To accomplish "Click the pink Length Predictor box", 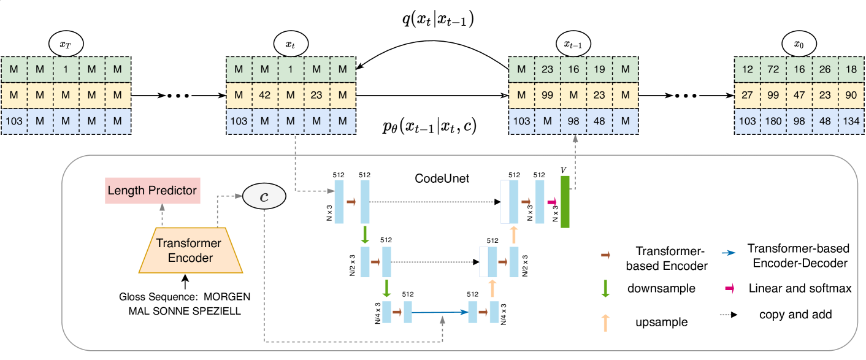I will (x=152, y=191).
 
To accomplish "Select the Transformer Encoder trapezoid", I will (x=193, y=250).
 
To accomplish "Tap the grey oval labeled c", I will (x=264, y=196).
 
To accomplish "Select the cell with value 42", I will (x=265, y=96).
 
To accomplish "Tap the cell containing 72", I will (x=773, y=69).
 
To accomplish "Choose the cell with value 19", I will (x=599, y=69).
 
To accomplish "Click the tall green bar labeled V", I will (x=565, y=202).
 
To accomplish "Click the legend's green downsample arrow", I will (x=605, y=288).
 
